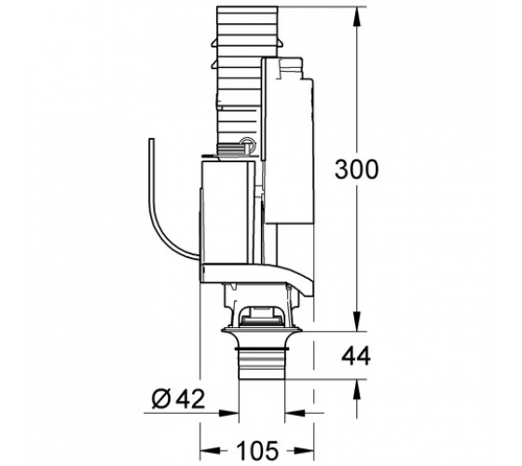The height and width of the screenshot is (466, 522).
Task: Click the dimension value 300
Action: [x=356, y=170]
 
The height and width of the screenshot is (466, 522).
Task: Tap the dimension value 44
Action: [x=356, y=355]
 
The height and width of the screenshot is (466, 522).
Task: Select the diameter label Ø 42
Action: [x=178, y=399]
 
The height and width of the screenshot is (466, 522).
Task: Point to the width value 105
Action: [x=256, y=450]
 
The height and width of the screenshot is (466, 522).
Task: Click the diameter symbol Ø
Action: [x=161, y=399]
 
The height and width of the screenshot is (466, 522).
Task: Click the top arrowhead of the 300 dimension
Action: [x=357, y=17]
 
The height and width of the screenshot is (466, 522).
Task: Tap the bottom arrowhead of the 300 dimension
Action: [x=357, y=322]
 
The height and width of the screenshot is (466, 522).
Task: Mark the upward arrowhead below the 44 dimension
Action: [x=357, y=390]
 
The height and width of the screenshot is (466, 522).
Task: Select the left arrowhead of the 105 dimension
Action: [x=210, y=450]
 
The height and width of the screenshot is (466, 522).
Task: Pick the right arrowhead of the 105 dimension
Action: [x=304, y=450]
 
